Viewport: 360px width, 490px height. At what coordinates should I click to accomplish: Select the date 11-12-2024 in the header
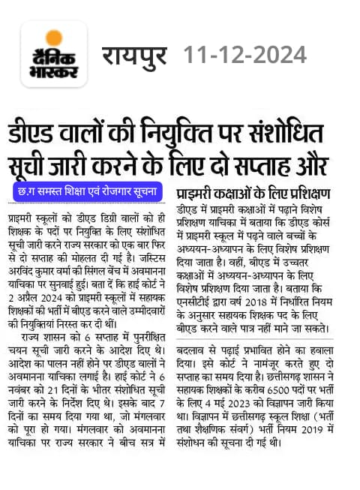click(246, 55)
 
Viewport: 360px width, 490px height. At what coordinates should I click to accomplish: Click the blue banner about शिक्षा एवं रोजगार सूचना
click(88, 192)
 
